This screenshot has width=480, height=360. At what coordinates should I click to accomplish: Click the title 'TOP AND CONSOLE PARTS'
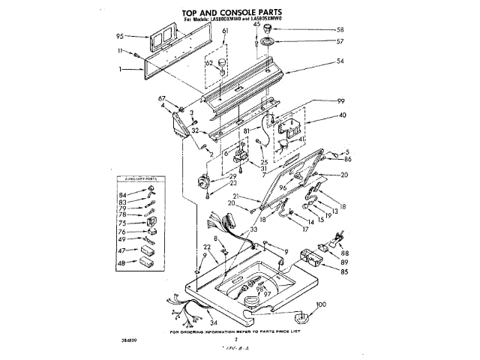[x=239, y=11]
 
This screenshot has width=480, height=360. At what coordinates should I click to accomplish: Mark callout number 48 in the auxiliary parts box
[x=121, y=263]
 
